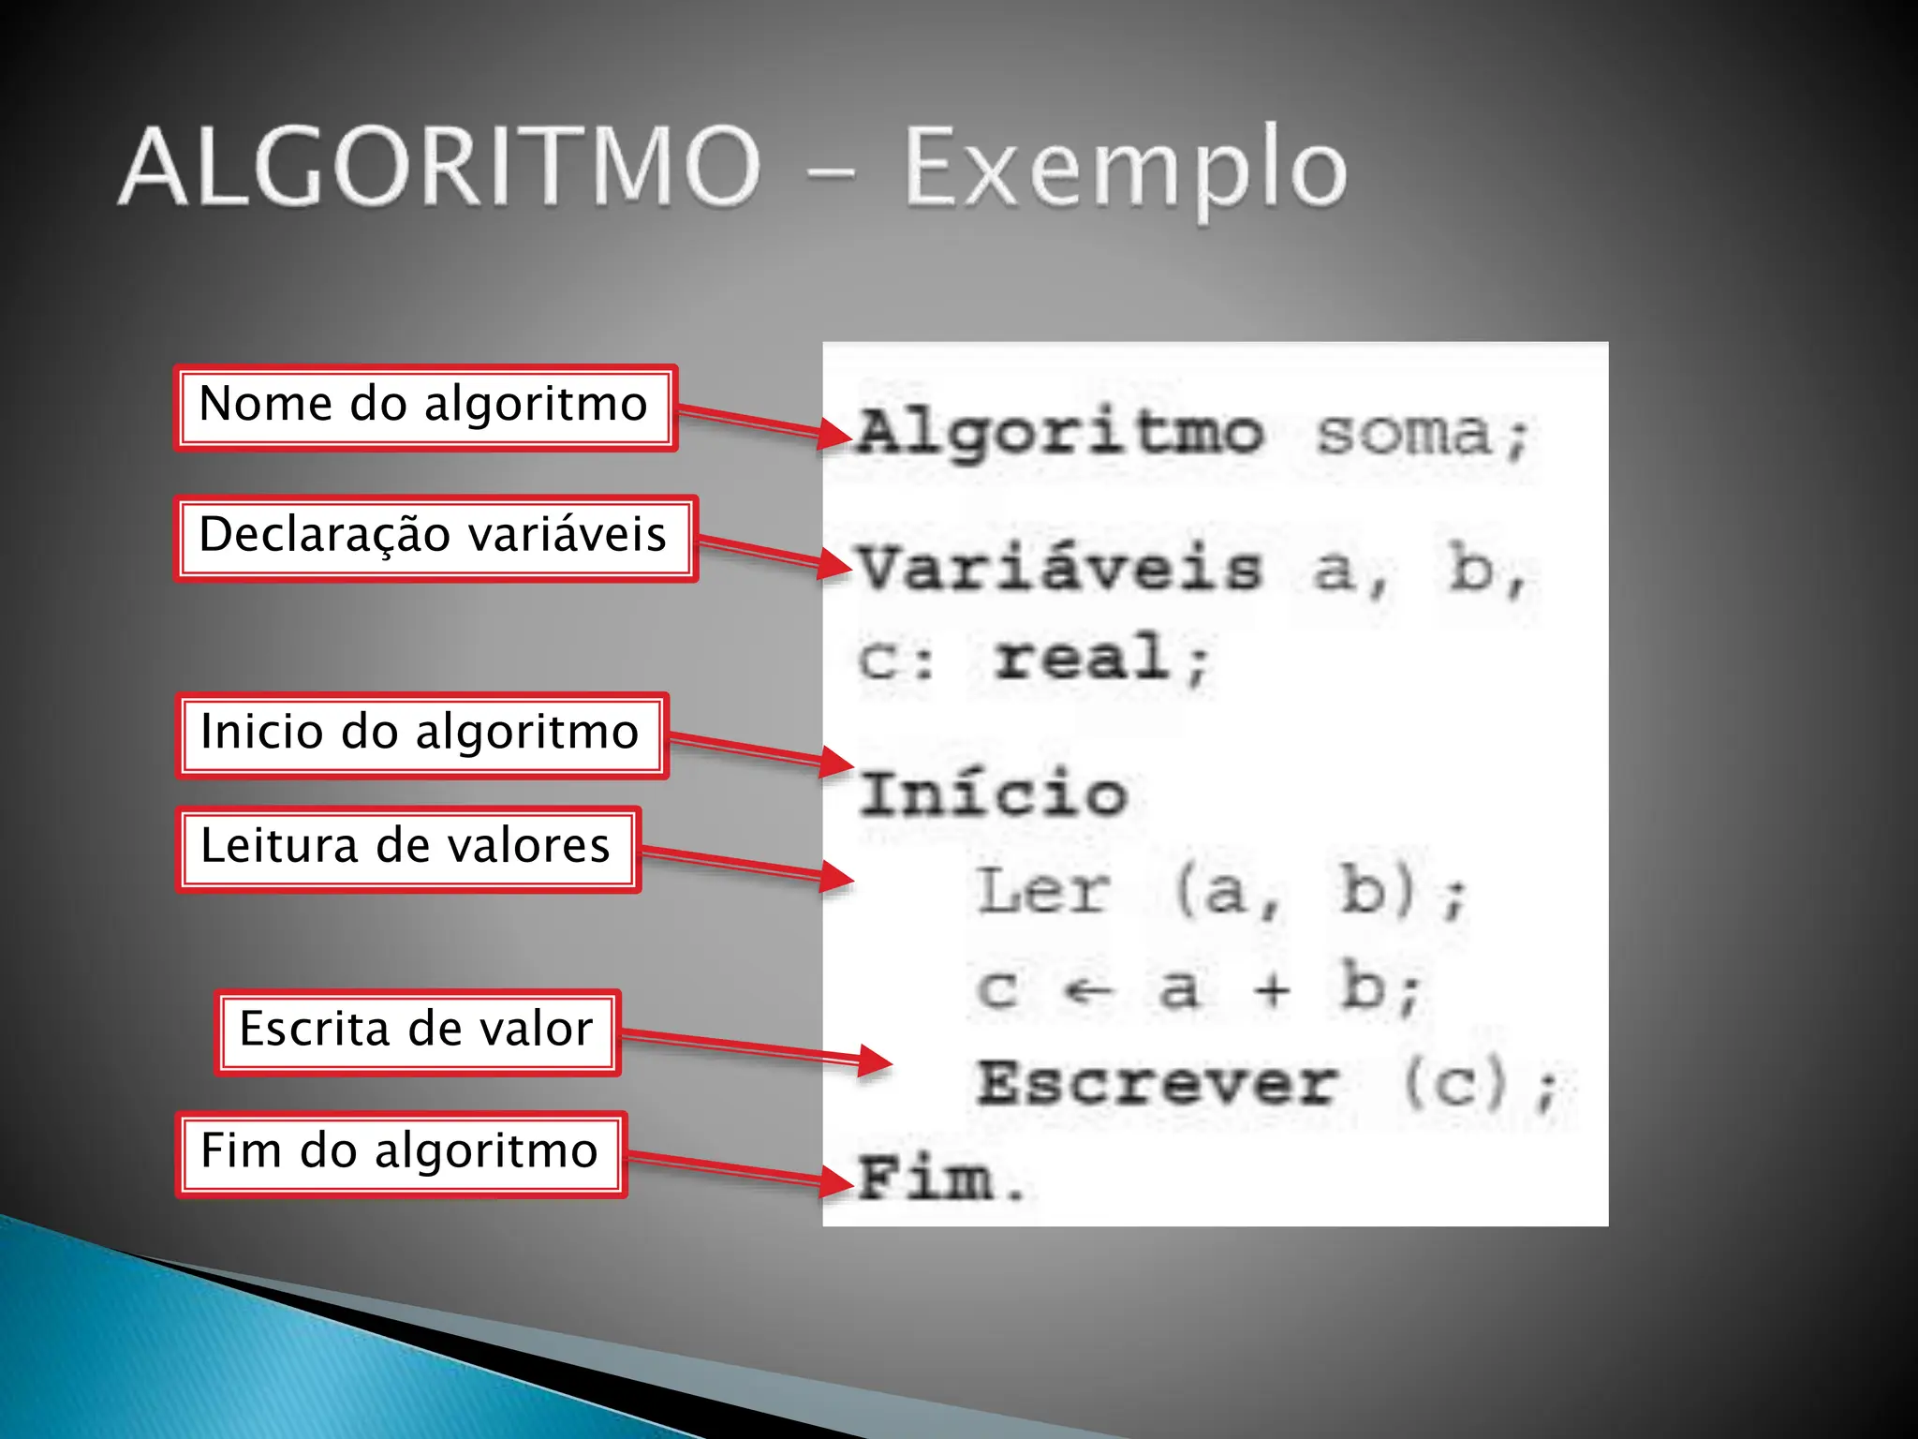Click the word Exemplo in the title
(x=1124, y=169)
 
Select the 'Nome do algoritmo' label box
(x=425, y=408)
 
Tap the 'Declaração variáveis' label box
(x=435, y=538)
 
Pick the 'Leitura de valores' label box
(x=408, y=849)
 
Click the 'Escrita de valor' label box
(x=418, y=1031)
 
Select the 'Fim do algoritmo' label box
(x=401, y=1153)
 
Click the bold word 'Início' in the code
(x=994, y=794)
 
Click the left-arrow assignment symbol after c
(x=1089, y=990)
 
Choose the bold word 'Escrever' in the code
(x=1157, y=1085)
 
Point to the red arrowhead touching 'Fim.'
(x=836, y=1180)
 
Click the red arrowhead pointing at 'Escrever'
(x=875, y=1061)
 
